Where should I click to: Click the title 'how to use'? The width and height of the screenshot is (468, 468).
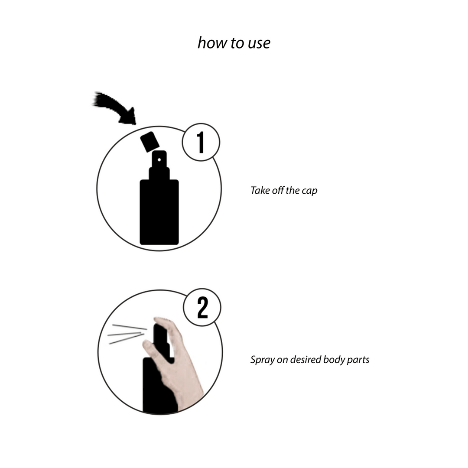[234, 43]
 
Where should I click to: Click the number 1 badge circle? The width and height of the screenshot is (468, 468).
[201, 143]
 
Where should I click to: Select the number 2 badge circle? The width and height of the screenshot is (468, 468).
[202, 308]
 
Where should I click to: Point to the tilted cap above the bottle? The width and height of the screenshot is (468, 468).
[149, 141]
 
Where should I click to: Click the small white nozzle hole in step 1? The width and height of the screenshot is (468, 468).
[159, 160]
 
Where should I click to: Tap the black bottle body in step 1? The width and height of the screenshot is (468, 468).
[159, 212]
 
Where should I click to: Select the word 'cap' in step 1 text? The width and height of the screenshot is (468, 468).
[309, 191]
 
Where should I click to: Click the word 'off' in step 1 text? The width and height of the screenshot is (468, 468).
[278, 190]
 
